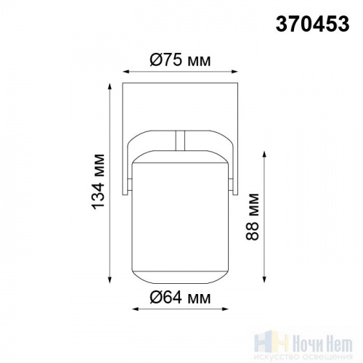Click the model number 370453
(312, 24)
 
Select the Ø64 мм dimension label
(180, 297)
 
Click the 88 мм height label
(252, 216)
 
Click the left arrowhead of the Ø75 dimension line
(126, 72)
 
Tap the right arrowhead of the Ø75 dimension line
(234, 72)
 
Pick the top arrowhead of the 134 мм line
(110, 86)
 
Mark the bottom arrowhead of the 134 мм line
(110, 280)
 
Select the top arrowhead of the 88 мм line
(264, 155)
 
